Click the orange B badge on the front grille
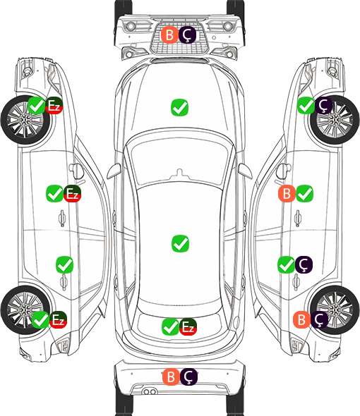(169, 35)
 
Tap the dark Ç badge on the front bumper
(187, 35)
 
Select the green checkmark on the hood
(179, 107)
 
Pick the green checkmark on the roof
(180, 243)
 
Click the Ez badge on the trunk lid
(188, 327)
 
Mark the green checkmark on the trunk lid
(170, 327)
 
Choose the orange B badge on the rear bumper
(171, 377)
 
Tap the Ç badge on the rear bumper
(189, 377)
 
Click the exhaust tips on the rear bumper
(150, 391)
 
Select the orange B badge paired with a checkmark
(287, 194)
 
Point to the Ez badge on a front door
(72, 194)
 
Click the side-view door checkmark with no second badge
(64, 265)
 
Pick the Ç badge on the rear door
(304, 265)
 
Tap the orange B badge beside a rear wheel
(301, 319)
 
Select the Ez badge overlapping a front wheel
(54, 106)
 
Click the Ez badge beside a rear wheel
(58, 319)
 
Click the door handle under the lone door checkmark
(63, 282)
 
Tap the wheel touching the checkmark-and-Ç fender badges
(335, 120)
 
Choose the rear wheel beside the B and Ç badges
(335, 310)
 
